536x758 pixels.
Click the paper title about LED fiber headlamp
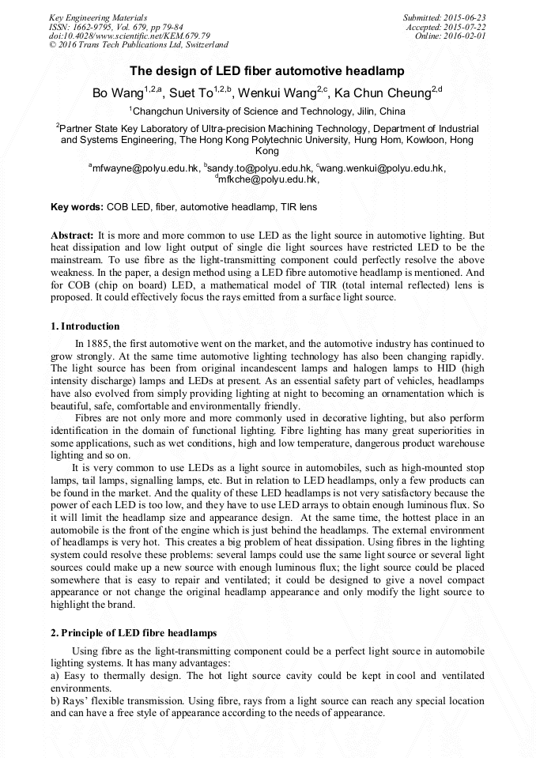coord(267,71)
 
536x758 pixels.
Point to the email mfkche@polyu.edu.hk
coord(269,179)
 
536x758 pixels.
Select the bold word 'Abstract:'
coord(72,236)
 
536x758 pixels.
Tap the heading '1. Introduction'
coord(85,326)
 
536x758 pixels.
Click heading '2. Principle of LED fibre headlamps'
coord(134,634)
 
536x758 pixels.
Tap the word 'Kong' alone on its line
coord(267,150)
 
